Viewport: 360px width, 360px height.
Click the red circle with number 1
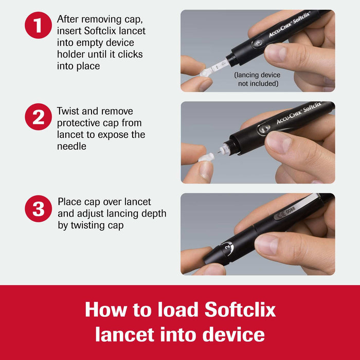[x=39, y=25]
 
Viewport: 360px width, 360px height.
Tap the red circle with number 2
[x=39, y=117]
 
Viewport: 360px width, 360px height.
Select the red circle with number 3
[x=39, y=209]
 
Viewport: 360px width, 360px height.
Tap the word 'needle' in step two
[x=73, y=147]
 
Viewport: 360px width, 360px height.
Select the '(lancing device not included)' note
[x=257, y=79]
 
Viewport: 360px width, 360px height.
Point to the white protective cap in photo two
[x=207, y=155]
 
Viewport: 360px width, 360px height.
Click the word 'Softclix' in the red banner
[x=240, y=310]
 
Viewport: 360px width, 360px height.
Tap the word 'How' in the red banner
[x=106, y=310]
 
